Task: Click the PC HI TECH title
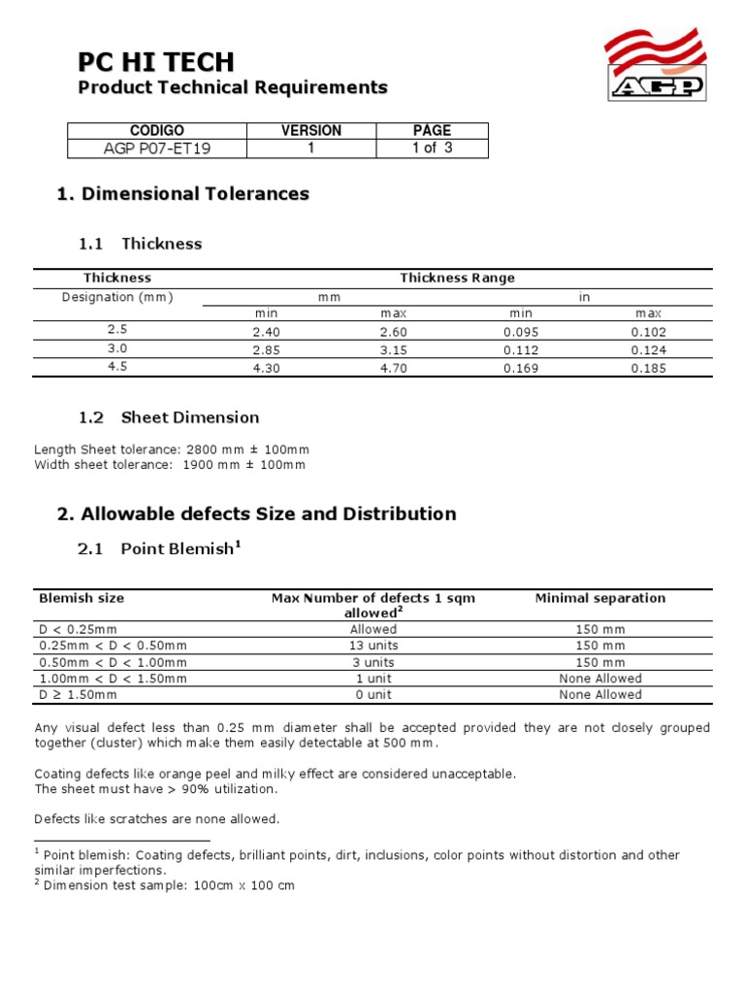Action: (155, 62)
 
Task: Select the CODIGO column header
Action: (156, 131)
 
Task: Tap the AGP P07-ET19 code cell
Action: (156, 149)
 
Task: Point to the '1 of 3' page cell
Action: (432, 149)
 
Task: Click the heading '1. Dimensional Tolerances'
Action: (183, 194)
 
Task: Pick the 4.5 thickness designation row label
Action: (116, 367)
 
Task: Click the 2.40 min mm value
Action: (265, 331)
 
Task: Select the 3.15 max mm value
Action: (393, 349)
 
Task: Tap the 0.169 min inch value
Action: (521, 368)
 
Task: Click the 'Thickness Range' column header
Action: (457, 279)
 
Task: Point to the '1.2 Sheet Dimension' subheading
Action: (169, 417)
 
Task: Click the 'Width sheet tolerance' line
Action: (170, 465)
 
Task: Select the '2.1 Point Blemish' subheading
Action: (159, 548)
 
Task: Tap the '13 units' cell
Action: (373, 646)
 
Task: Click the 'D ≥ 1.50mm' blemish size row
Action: (78, 695)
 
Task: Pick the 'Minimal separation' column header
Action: (599, 598)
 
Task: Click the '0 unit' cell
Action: (373, 695)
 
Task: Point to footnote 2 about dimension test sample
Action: (165, 885)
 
